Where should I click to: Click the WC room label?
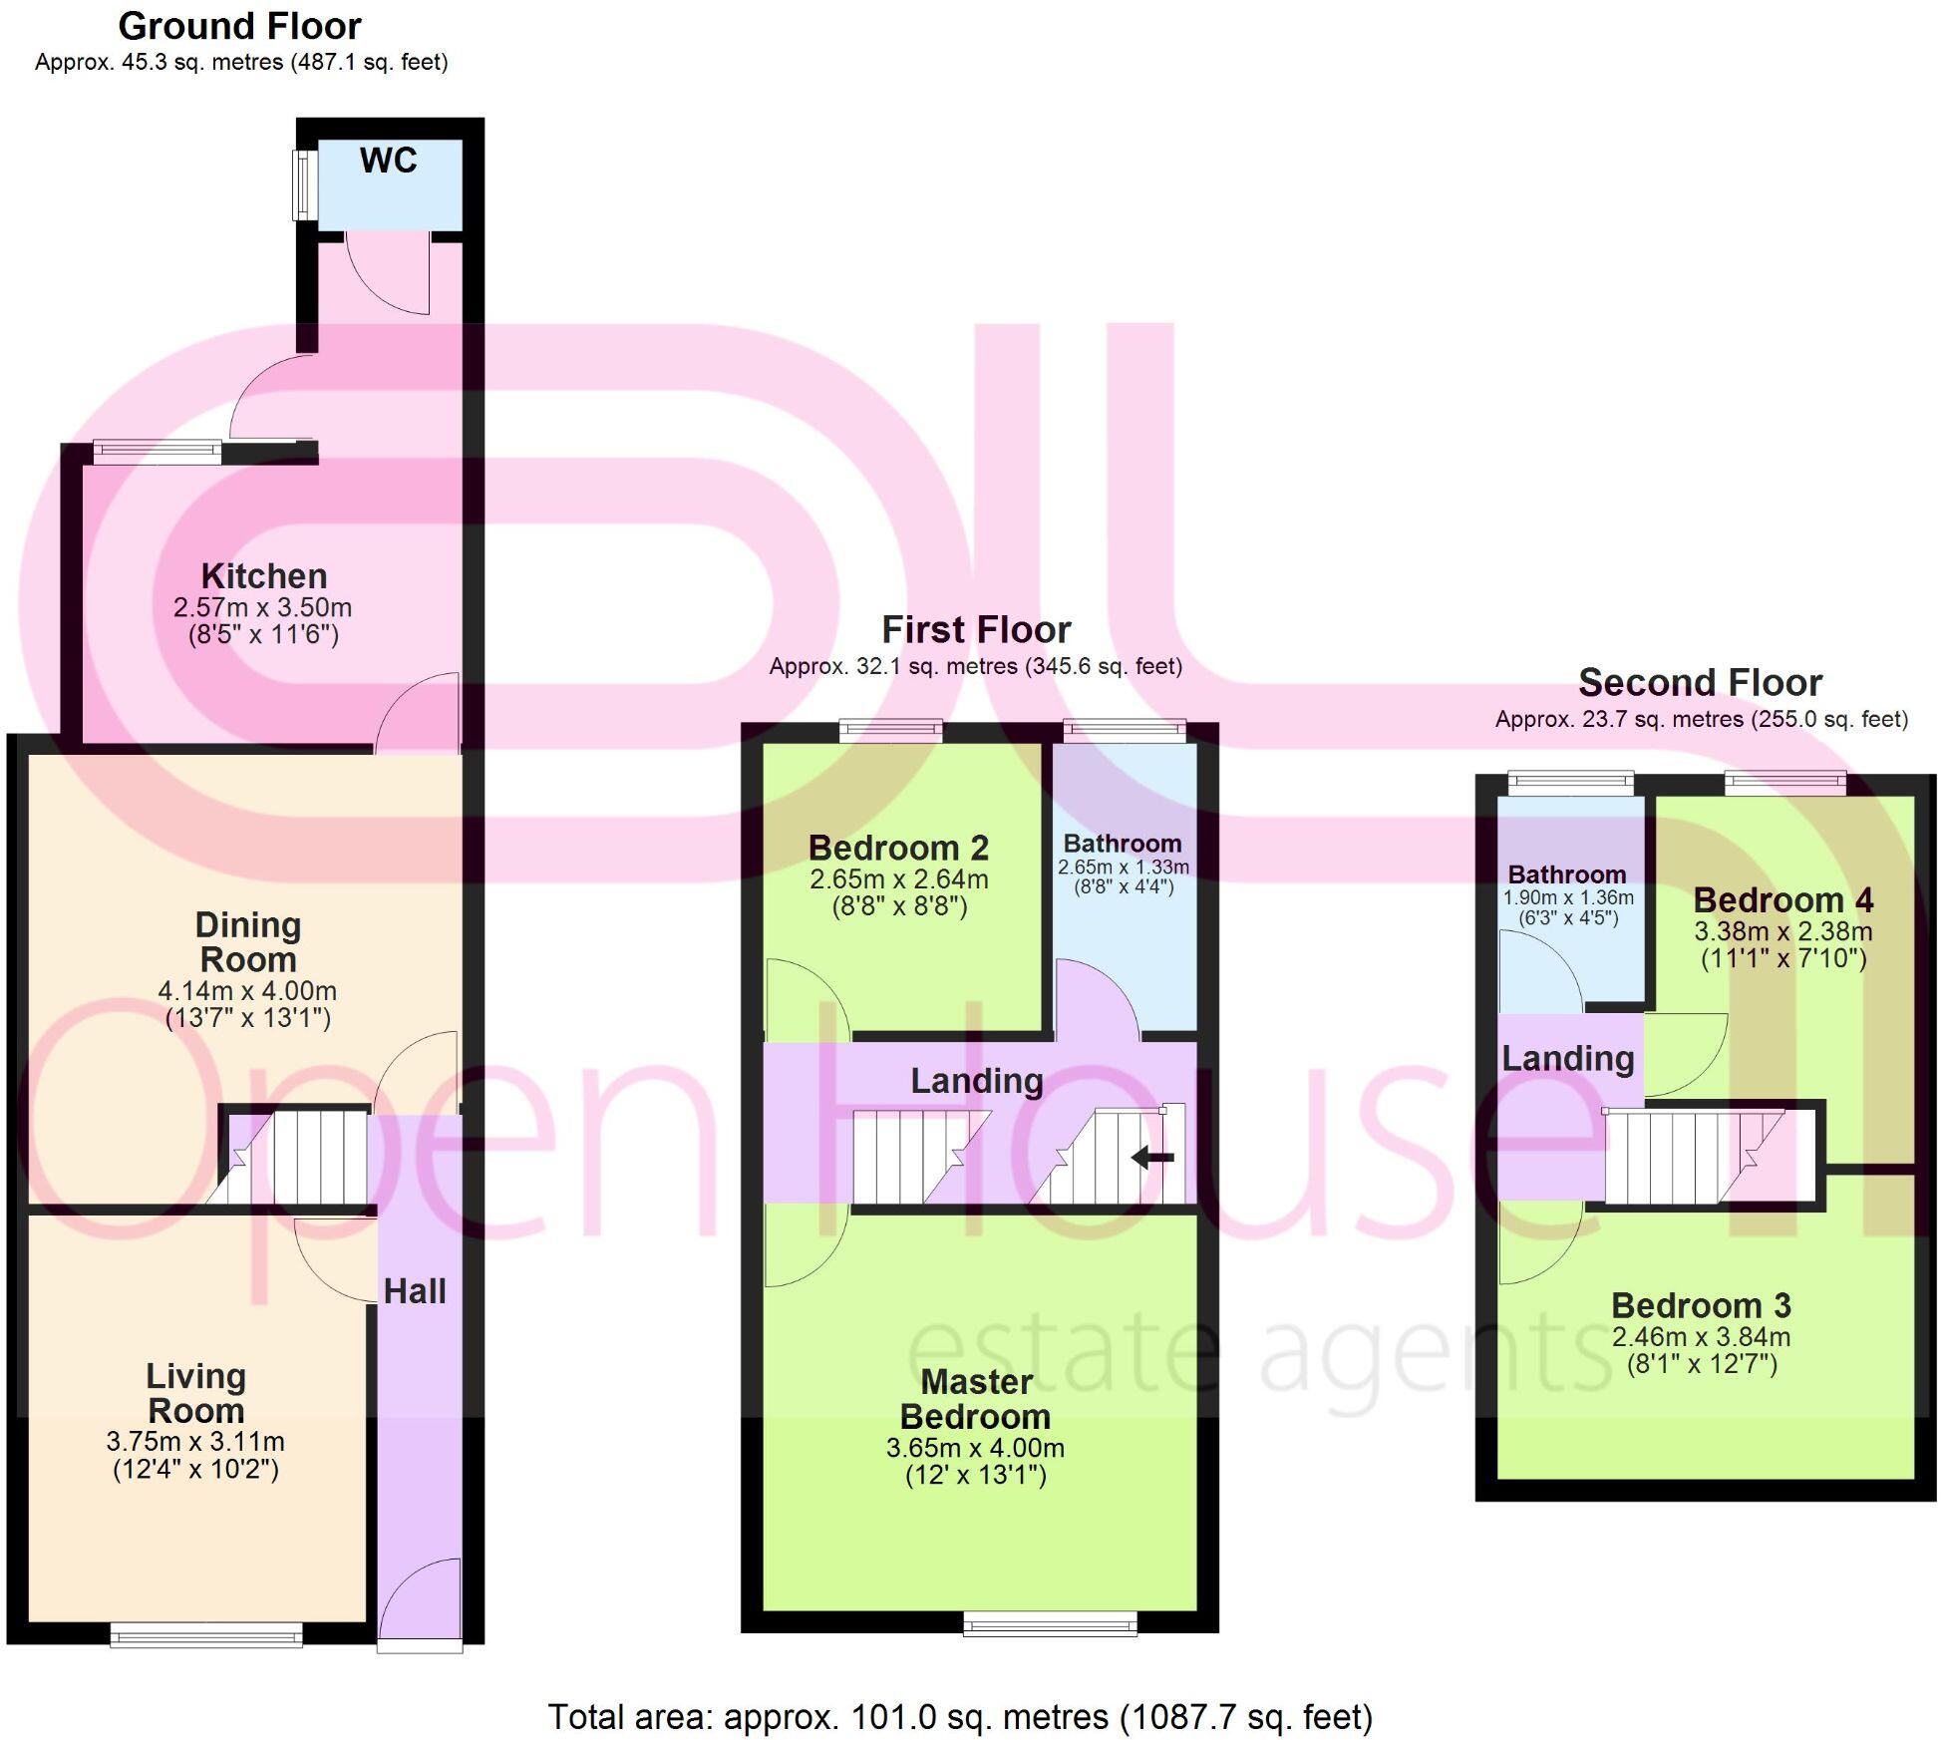pos(388,161)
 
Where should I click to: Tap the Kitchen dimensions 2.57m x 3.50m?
pos(262,607)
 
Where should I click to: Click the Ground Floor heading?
pos(239,26)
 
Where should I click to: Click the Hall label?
pos(415,1291)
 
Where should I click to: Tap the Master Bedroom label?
pos(975,1398)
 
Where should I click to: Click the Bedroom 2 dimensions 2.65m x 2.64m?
pos(899,879)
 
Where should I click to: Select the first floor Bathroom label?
pos(1123,844)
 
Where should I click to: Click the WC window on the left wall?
pos(301,184)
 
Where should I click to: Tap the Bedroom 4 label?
pos(1782,900)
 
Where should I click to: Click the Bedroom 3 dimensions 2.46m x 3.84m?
pos(1701,1337)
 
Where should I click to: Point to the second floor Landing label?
pos(1567,1058)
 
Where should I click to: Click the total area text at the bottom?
pos(960,1716)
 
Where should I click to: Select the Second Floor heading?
pos(1700,683)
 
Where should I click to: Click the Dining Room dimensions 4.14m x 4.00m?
pos(247,991)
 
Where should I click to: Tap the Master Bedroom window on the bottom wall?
pos(1050,1624)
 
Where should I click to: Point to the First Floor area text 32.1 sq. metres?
pos(975,666)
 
